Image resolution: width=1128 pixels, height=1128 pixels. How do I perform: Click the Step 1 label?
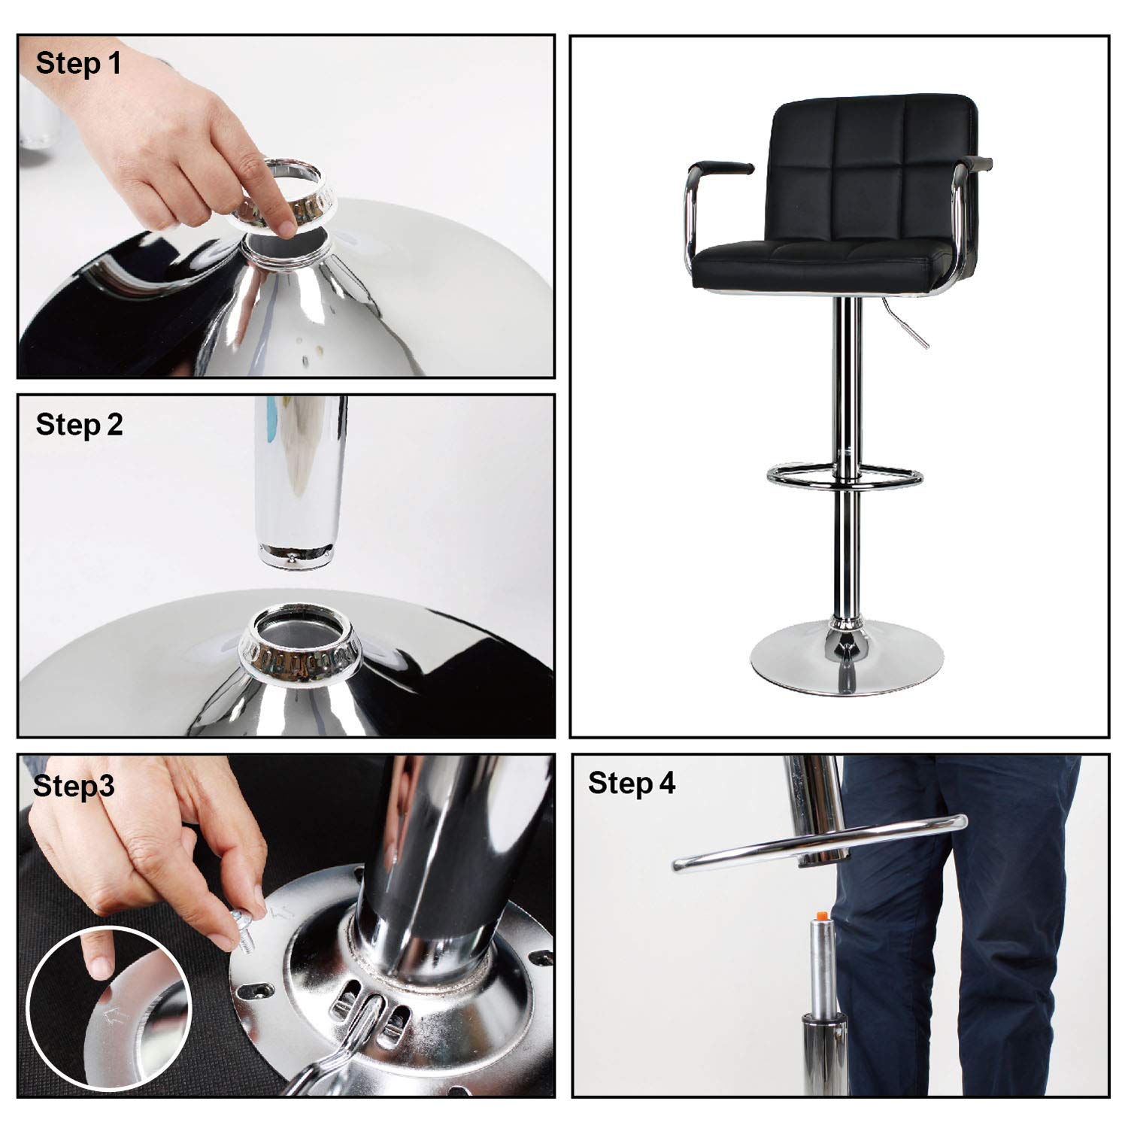pos(78,64)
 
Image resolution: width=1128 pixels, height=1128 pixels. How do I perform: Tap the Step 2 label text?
pos(79,425)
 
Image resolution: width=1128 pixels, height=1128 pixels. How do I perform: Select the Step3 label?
pos(74,786)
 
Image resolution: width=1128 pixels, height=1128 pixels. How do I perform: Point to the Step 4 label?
pos(632,783)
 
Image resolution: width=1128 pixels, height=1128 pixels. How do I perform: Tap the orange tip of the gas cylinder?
pos(821,914)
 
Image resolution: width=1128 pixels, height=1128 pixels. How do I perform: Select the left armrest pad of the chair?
pos(721,166)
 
